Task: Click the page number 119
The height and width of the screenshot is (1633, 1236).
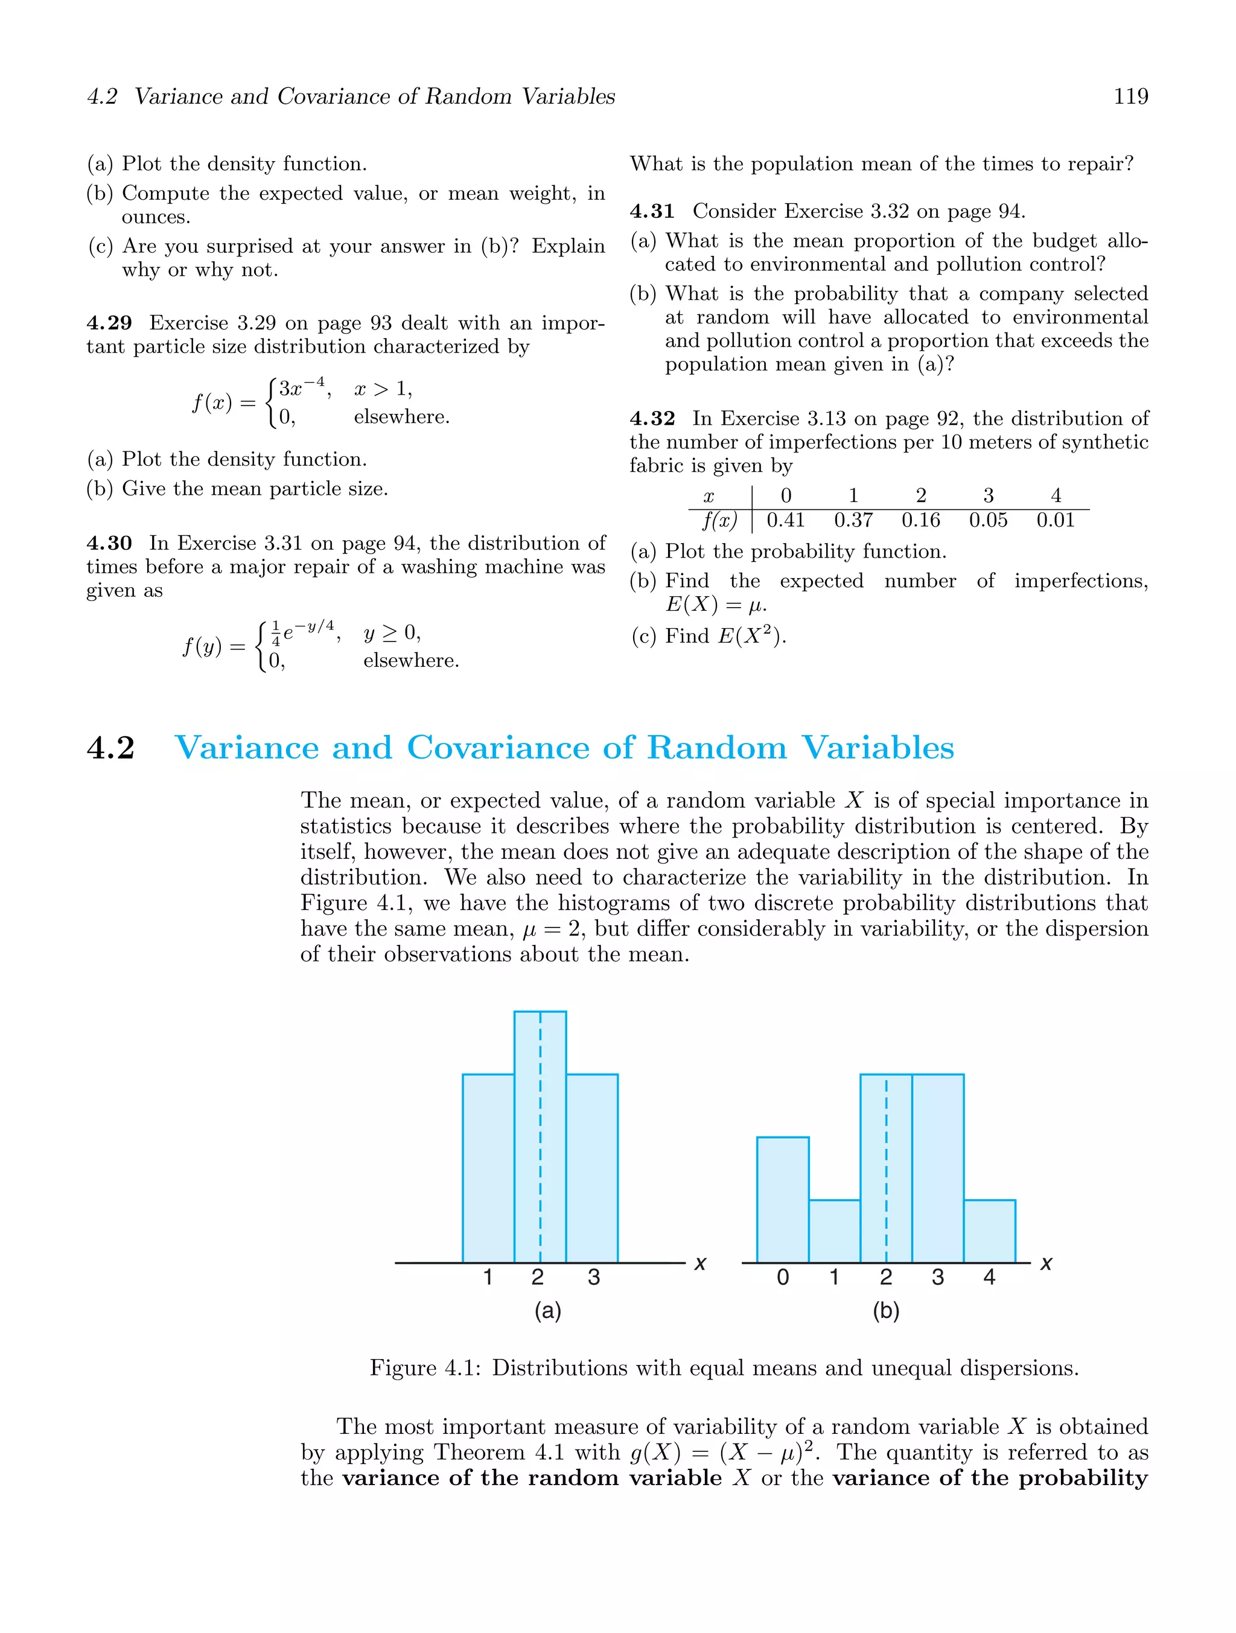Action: [1130, 96]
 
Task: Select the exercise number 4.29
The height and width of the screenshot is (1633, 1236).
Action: [109, 323]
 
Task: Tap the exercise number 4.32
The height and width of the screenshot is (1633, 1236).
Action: [652, 419]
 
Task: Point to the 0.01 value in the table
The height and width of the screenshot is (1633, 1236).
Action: [1055, 520]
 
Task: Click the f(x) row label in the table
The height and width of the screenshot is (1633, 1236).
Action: [719, 520]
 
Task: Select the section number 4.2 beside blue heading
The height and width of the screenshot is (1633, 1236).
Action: [111, 748]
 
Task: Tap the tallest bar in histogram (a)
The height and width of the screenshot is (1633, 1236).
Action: [540, 1137]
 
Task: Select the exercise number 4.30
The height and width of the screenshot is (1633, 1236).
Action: [109, 543]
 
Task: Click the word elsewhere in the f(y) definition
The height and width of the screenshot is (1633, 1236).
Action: [410, 661]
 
